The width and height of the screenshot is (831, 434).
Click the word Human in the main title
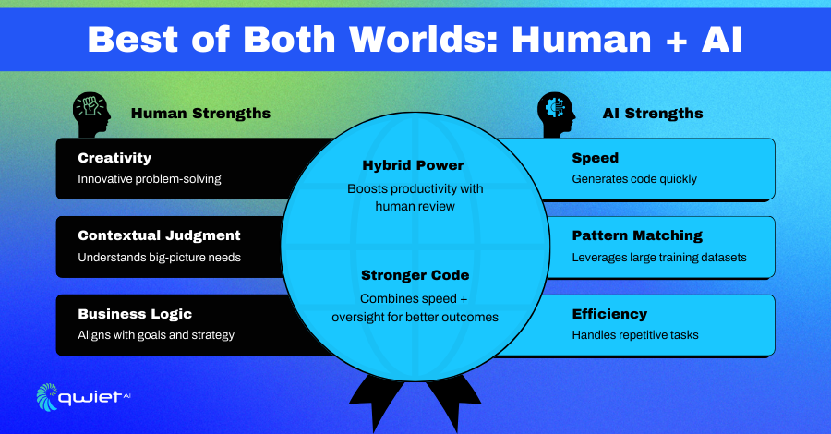[x=582, y=40]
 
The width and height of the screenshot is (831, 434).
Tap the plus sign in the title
[x=677, y=41]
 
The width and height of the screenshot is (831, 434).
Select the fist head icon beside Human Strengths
[x=91, y=115]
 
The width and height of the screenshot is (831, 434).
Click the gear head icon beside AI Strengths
[x=557, y=115]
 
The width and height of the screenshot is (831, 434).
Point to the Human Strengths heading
[x=201, y=114]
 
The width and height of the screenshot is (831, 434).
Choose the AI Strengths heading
[x=653, y=114]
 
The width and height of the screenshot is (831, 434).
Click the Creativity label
[x=114, y=158]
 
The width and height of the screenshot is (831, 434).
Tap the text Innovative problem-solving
[x=150, y=179]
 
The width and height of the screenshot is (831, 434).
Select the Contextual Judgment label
[x=159, y=235]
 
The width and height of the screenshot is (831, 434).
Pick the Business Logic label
[x=135, y=314]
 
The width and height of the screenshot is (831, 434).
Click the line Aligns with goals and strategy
[x=156, y=335]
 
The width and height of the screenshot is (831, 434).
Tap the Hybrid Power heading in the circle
[x=413, y=165]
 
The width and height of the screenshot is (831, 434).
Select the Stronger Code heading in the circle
[x=415, y=275]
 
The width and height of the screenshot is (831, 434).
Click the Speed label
[x=596, y=158]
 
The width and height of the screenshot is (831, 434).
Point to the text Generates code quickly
[x=634, y=179]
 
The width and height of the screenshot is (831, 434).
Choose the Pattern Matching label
[x=637, y=235]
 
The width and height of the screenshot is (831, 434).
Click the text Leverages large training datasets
[x=659, y=258]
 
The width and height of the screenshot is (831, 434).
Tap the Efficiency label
[x=609, y=314]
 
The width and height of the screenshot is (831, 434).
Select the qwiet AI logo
[x=83, y=397]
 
